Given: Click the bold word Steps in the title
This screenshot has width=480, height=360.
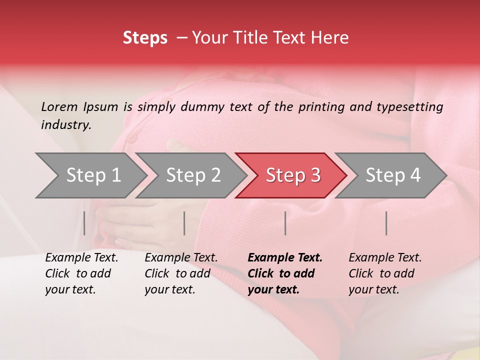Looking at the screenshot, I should coord(145,38).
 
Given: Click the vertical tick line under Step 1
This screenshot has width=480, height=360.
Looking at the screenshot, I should coord(84,223).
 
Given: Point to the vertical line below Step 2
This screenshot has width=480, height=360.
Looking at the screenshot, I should coord(184,223).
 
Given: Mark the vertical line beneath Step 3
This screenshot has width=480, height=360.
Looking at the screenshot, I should coord(285,223).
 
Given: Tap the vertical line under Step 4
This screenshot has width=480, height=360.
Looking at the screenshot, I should coord(386,223).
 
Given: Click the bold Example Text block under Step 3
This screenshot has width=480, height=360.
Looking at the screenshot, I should coord(285,273).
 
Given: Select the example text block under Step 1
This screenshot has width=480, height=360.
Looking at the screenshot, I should coord(81,273).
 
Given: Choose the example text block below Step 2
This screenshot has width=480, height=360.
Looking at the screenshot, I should coord(181,273).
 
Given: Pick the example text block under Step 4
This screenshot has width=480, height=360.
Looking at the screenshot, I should coord(385,273).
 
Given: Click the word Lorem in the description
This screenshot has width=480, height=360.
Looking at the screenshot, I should coord(59,106).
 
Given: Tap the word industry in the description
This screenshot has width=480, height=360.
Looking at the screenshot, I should coord(66,125).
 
